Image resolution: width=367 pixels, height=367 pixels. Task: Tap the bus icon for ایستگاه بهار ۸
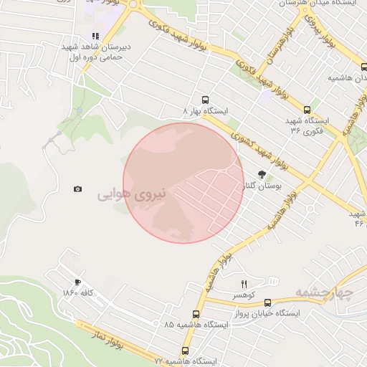[206, 100]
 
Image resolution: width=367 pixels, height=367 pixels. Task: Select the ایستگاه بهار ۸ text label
[206, 113]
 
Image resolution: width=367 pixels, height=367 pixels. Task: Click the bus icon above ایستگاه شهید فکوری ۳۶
[308, 110]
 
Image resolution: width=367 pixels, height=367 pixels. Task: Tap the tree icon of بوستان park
[262, 173]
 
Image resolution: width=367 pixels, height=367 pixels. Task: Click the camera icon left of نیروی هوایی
[77, 189]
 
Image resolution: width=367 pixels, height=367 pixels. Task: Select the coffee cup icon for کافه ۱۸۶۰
[77, 282]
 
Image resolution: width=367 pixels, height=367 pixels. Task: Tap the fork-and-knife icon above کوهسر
[244, 284]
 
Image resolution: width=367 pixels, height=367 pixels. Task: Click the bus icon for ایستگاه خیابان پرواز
[267, 302]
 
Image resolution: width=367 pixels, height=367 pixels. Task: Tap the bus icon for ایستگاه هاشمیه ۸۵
[196, 314]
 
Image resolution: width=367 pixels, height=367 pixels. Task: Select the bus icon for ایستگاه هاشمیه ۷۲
[185, 351]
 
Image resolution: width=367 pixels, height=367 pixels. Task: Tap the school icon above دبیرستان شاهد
[95, 37]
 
